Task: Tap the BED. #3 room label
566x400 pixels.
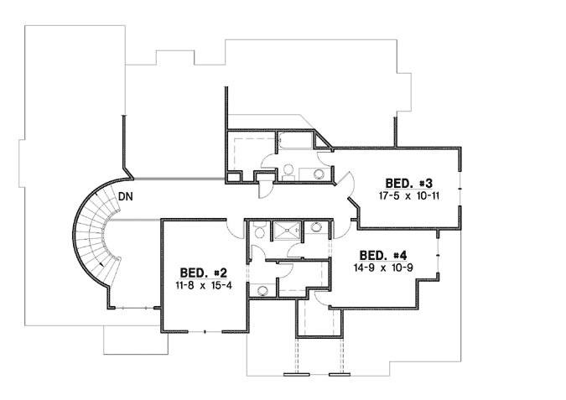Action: [x=408, y=183]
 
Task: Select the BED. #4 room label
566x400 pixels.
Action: [x=383, y=255]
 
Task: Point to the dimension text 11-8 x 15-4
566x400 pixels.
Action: [x=205, y=285]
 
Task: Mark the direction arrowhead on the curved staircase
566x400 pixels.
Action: [x=101, y=265]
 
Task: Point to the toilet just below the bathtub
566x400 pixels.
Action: [x=288, y=170]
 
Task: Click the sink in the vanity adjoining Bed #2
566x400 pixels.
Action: [x=262, y=290]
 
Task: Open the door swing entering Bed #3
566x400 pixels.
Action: [x=348, y=184]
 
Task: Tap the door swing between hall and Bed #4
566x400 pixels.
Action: [x=340, y=226]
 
